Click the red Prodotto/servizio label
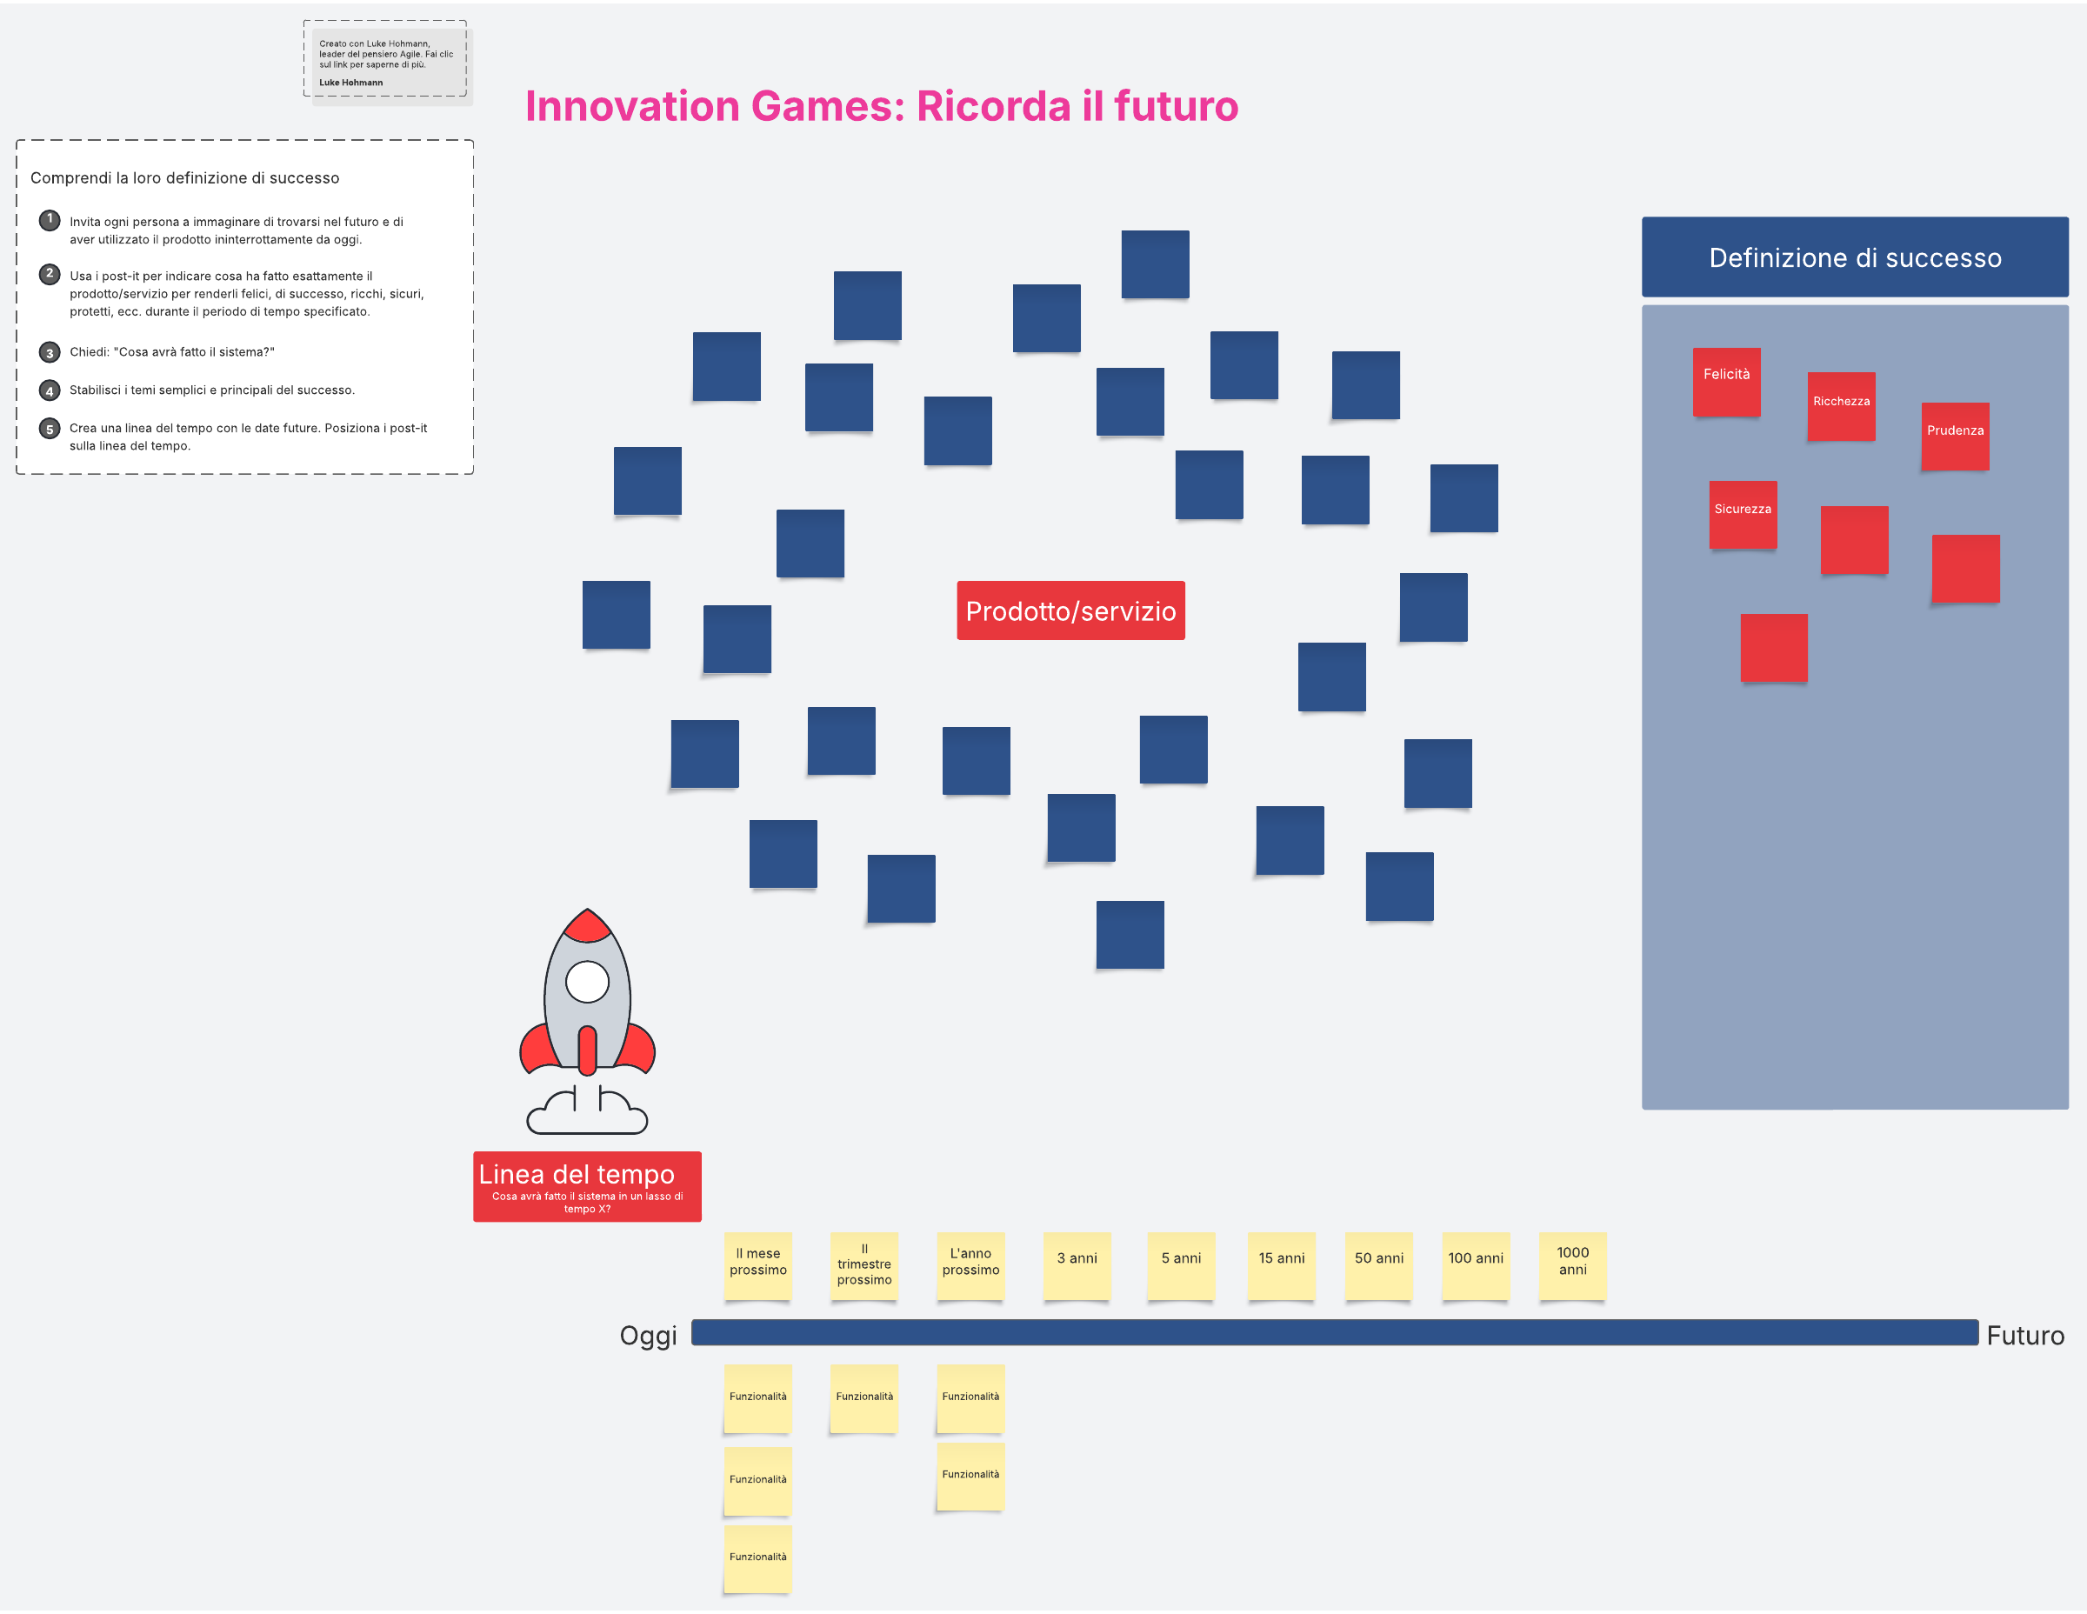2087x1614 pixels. [1070, 610]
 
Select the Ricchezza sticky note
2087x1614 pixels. [1840, 406]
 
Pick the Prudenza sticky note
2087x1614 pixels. [1955, 436]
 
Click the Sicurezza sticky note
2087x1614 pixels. [1742, 514]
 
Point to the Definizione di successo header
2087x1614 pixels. [1855, 257]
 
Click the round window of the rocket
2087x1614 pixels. [587, 982]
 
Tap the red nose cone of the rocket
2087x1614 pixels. [587, 925]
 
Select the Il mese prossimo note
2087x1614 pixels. [757, 1266]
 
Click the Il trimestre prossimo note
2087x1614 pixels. [863, 1266]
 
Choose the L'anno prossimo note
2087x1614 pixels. [970, 1266]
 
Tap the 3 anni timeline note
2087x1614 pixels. [1077, 1266]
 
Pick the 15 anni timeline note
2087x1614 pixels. [1282, 1266]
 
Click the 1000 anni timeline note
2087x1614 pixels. [1572, 1266]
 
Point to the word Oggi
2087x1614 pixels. [648, 1335]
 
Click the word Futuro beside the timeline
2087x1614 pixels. [2025, 1335]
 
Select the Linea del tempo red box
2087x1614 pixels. [587, 1187]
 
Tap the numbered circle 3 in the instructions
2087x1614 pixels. [50, 352]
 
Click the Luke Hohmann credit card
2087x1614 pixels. [387, 61]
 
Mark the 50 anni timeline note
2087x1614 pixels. [1379, 1266]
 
